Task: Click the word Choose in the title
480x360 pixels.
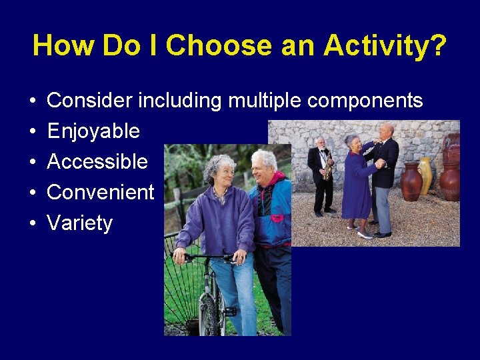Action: click(219, 45)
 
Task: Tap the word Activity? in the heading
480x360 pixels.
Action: click(385, 45)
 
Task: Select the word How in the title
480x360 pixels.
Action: click(61, 45)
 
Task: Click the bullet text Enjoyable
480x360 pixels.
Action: click(93, 131)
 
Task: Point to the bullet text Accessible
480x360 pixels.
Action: click(97, 161)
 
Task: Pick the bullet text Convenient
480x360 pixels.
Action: click(101, 192)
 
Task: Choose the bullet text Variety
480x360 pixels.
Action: click(80, 223)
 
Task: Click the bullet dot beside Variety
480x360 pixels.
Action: click(33, 223)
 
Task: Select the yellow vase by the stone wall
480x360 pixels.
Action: click(425, 175)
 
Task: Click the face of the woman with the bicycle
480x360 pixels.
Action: click(224, 174)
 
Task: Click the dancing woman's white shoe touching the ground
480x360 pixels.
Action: click(365, 235)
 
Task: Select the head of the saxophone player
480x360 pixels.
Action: click(321, 142)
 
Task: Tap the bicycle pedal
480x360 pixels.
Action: click(230, 311)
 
